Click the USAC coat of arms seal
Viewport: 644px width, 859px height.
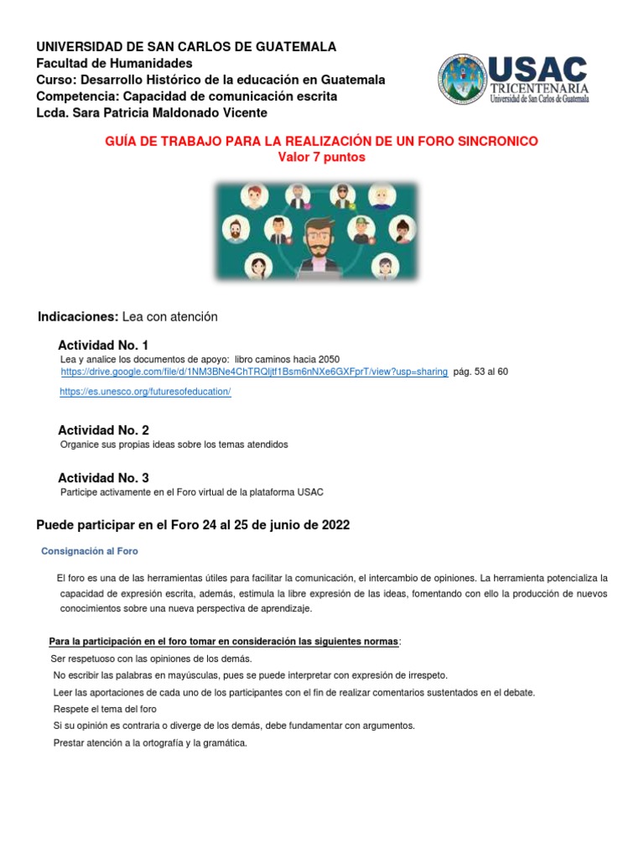click(462, 81)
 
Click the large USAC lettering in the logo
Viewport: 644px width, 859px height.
click(538, 69)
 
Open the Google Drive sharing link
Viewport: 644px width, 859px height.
click(254, 372)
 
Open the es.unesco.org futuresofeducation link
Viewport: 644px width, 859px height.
click(145, 393)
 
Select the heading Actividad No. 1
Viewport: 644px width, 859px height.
click(103, 346)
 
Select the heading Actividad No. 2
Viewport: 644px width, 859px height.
click(103, 430)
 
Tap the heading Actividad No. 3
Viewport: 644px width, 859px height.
click(103, 477)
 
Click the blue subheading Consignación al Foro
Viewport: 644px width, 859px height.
click(90, 551)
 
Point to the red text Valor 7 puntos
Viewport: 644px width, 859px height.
click(321, 157)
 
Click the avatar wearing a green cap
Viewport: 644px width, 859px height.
click(361, 228)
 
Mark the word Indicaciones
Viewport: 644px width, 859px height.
click(78, 316)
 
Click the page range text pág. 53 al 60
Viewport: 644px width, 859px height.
click(480, 372)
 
